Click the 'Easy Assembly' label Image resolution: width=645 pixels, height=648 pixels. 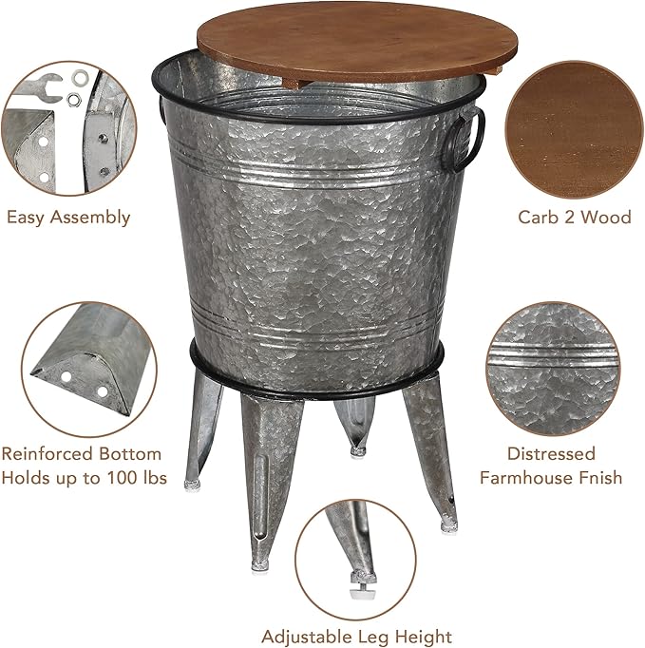(x=68, y=218)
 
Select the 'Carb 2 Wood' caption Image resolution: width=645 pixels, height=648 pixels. (x=574, y=218)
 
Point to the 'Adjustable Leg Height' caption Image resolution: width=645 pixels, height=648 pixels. (x=357, y=636)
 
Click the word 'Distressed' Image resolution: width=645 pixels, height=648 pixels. (x=551, y=454)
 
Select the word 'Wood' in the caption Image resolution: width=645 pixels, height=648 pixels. (x=607, y=218)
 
